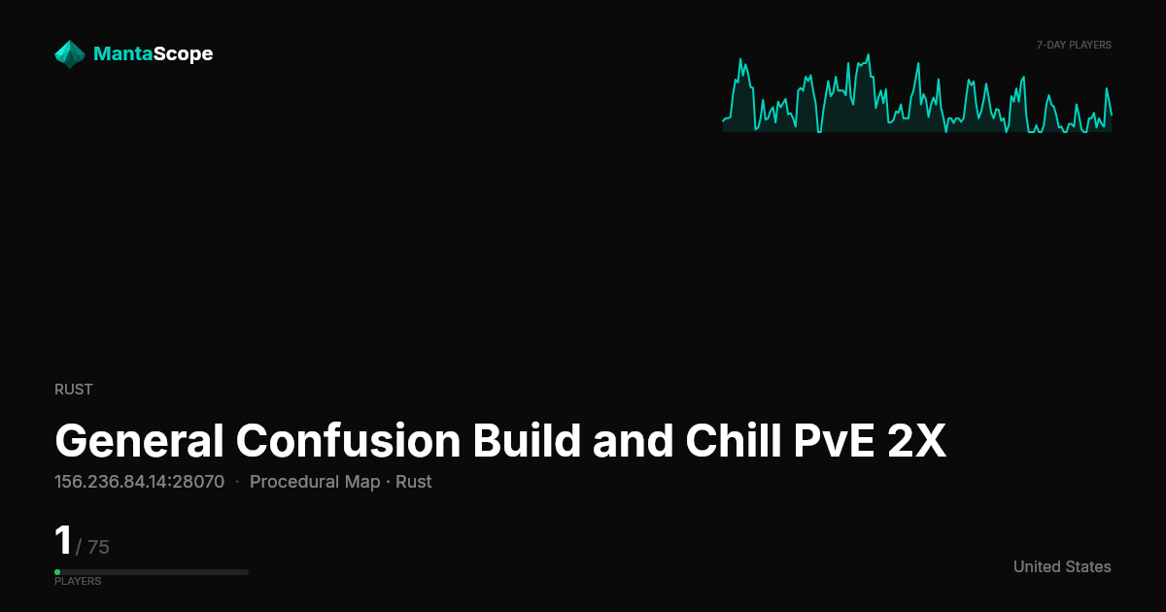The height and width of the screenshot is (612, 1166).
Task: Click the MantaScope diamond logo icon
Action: point(70,54)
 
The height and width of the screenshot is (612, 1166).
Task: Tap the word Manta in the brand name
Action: point(123,53)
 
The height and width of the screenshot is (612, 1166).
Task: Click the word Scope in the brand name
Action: point(184,54)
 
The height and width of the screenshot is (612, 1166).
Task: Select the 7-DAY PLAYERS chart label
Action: point(1074,46)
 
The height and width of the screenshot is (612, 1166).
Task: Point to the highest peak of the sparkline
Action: point(869,54)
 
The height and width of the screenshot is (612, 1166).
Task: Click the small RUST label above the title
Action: point(74,390)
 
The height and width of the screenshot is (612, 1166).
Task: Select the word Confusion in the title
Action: point(348,441)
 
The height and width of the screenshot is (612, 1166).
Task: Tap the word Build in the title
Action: point(527,440)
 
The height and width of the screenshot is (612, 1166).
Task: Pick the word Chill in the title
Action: point(734,440)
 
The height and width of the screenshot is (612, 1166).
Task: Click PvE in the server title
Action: point(834,441)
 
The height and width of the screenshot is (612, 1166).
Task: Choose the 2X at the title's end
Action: point(916,441)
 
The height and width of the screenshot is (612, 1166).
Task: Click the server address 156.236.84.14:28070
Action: point(140,482)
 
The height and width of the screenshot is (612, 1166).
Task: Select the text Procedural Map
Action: point(315,482)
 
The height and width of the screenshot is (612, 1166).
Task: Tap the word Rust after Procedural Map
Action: point(413,482)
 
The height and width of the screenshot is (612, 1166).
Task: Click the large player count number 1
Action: point(63,540)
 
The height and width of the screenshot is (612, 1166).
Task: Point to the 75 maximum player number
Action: point(98,547)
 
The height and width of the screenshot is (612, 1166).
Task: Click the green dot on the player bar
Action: point(57,572)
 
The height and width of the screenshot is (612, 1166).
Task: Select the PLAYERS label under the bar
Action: point(78,581)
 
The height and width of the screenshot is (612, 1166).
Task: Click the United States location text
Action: point(1062,566)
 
